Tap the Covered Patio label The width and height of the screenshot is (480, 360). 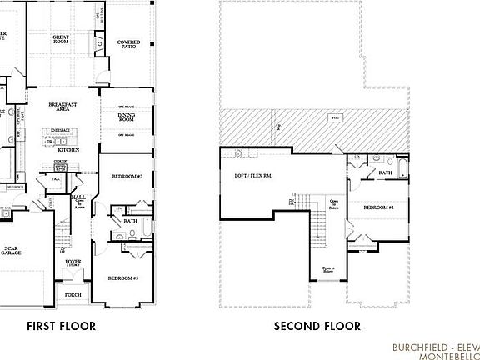[128, 43]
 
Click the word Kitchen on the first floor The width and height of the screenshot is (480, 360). [69, 149]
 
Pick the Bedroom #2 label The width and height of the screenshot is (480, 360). [127, 177]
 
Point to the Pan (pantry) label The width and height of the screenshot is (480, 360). [57, 178]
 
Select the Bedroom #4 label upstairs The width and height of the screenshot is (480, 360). [377, 206]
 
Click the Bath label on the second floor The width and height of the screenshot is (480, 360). [385, 172]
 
